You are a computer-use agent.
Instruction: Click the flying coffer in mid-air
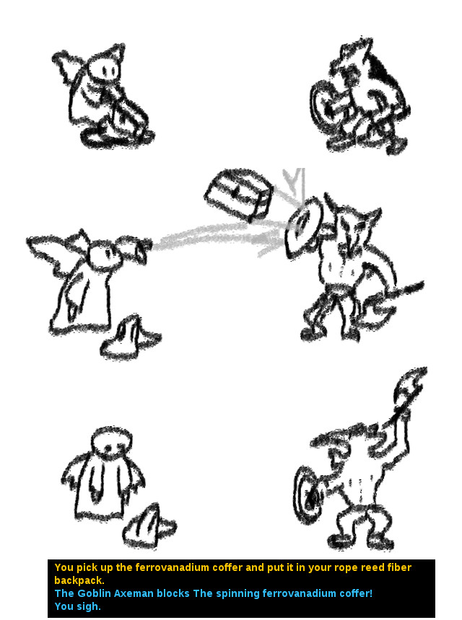coord(239,195)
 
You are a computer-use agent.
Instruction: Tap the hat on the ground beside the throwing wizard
coord(130,337)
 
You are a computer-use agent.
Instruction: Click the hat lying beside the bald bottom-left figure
coord(149,526)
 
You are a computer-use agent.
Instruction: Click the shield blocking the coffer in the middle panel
coord(302,226)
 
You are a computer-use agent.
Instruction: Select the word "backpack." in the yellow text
coord(79,580)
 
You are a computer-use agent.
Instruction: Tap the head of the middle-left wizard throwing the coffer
coord(104,255)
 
